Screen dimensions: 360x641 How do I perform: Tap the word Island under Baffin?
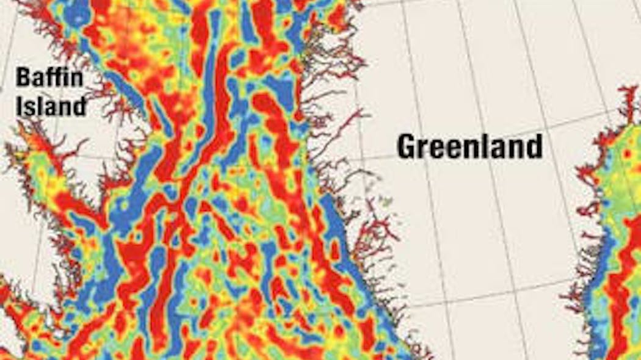click(51, 106)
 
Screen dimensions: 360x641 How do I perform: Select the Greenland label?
click(469, 146)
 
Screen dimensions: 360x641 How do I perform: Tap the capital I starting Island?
click(20, 106)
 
